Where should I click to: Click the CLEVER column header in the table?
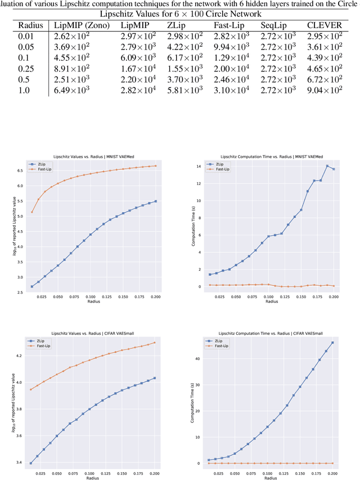tap(324, 25)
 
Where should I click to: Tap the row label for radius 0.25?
tap(26, 68)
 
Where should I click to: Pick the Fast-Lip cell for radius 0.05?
tap(231, 47)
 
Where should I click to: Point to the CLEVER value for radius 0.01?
tap(324, 36)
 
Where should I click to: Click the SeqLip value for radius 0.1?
tap(278, 57)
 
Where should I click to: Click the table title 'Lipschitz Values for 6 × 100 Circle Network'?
tap(181, 14)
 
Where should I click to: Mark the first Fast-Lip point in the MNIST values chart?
tap(32, 212)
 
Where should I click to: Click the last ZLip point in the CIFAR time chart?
tap(333, 343)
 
